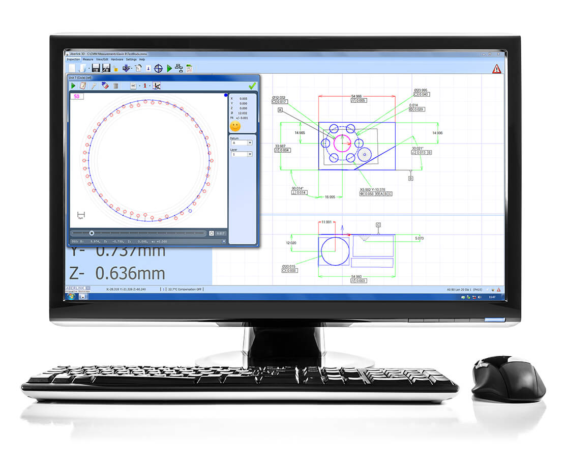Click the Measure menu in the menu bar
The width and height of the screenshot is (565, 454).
click(x=88, y=60)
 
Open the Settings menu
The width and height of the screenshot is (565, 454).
click(x=131, y=60)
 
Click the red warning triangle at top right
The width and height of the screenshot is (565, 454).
click(x=496, y=69)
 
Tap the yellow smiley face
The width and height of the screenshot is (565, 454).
click(x=235, y=126)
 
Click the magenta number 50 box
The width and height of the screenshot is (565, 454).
click(x=77, y=96)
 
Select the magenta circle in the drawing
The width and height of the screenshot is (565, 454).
click(x=342, y=143)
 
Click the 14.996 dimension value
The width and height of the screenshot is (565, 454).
click(x=437, y=133)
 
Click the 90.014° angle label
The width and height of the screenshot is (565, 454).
click(x=299, y=188)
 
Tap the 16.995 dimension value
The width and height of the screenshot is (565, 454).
click(x=330, y=196)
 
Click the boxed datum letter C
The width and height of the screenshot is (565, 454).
click(x=378, y=224)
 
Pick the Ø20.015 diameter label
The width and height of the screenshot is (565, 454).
click(x=289, y=266)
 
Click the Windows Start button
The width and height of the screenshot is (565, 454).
click(x=70, y=296)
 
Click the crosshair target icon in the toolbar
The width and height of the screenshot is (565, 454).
click(x=158, y=68)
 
